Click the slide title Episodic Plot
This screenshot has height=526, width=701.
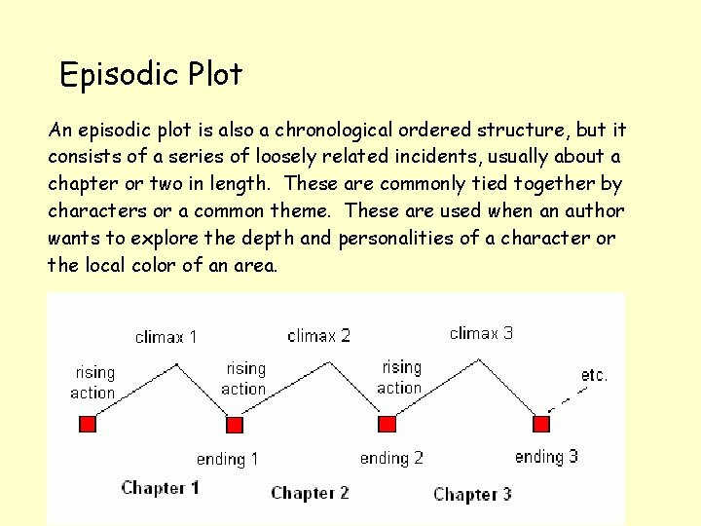(151, 75)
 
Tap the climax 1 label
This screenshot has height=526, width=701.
(166, 337)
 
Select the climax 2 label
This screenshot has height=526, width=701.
(319, 336)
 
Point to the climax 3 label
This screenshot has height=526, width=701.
(481, 333)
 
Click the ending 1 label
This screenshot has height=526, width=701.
(227, 459)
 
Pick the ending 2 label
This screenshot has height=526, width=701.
(391, 458)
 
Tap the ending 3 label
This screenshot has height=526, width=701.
(546, 456)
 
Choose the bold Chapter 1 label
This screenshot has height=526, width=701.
(160, 488)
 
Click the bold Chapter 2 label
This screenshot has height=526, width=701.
(310, 493)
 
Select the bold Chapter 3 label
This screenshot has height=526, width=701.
(472, 495)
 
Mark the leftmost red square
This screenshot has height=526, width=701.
(87, 423)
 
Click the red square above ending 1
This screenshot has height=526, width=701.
(234, 424)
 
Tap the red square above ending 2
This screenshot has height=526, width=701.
(387, 424)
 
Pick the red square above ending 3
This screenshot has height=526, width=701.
(542, 424)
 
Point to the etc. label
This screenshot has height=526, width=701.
(594, 375)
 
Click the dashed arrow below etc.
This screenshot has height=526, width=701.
(568, 398)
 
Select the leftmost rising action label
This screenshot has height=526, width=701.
(92, 383)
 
